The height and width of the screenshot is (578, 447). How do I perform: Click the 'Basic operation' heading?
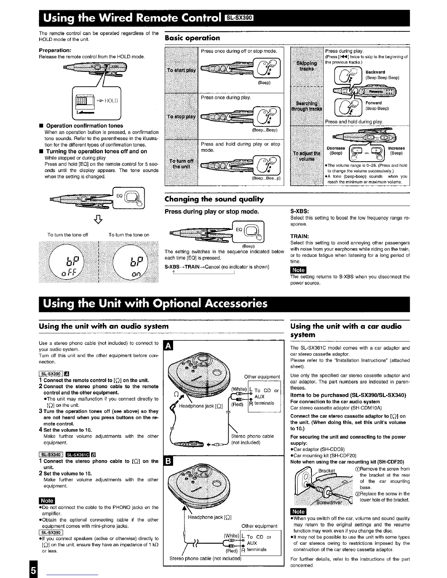click(x=192, y=38)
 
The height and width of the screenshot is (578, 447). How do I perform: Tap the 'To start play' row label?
click(x=182, y=70)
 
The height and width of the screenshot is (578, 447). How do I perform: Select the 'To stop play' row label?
click(x=182, y=117)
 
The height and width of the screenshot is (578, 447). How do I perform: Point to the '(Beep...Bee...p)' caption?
click(x=265, y=178)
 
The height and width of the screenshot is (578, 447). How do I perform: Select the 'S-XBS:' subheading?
click(x=299, y=211)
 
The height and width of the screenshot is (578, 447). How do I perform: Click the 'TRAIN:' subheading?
click(x=299, y=236)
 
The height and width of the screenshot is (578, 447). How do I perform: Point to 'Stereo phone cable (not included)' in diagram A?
click(x=252, y=439)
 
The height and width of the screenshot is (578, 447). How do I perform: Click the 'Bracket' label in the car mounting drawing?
click(x=326, y=471)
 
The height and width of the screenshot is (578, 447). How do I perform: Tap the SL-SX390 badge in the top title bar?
click(x=242, y=18)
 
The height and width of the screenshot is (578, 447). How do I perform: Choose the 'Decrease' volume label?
click(x=336, y=148)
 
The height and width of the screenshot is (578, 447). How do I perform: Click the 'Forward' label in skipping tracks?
click(x=374, y=103)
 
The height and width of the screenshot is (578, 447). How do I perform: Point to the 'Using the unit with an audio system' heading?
click(x=104, y=326)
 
